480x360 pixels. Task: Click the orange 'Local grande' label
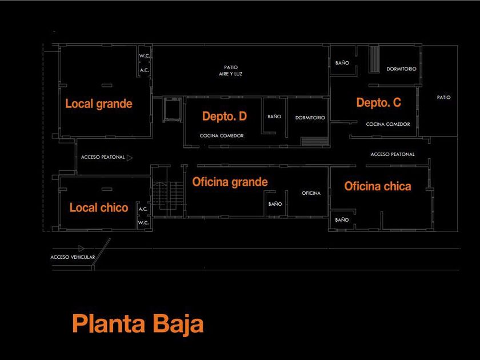tap(99, 104)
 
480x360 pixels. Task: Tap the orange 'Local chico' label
tap(99, 207)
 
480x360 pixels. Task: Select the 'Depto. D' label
tap(225, 117)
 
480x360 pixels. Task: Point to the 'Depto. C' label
tap(379, 103)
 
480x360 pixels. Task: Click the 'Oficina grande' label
tap(230, 182)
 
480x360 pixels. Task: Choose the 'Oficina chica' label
tap(378, 186)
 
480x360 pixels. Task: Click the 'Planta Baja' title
tap(138, 324)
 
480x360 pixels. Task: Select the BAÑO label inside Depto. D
tap(274, 117)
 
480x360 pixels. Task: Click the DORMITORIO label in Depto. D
tap(310, 118)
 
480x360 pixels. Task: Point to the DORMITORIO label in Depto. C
tap(401, 69)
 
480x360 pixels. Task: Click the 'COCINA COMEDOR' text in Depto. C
tap(388, 124)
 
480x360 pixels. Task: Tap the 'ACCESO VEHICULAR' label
tap(73, 257)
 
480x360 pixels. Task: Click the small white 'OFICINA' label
tap(311, 193)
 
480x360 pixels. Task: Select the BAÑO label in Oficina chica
tap(342, 220)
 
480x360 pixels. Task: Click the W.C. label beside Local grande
tap(144, 56)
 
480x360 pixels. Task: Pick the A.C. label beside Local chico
tap(143, 209)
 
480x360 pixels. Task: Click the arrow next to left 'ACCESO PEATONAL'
tap(130, 157)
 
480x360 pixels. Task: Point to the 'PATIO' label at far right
tap(444, 97)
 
